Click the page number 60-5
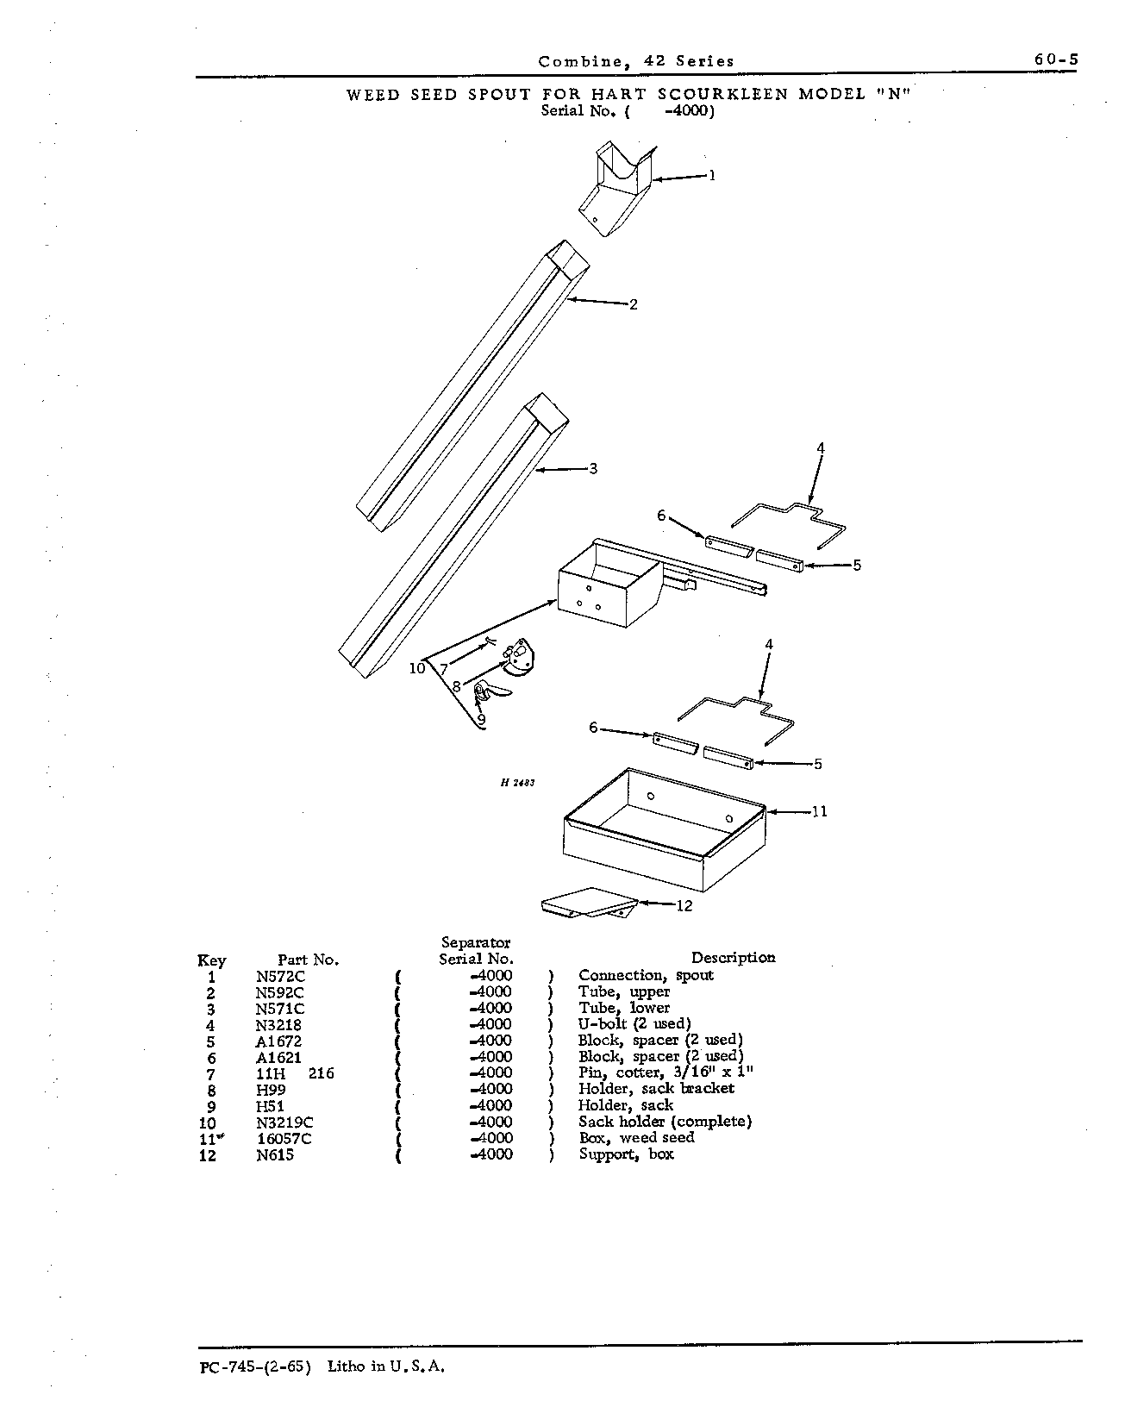1055,59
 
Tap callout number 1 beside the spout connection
712,175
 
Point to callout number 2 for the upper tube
633,304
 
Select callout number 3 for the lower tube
593,468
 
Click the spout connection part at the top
615,188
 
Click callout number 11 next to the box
819,811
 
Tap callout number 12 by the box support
684,905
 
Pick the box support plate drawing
590,903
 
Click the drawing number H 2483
517,783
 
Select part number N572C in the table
280,977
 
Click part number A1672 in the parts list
278,1041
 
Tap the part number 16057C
284,1139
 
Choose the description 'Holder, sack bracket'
656,1089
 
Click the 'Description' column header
734,958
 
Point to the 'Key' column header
212,960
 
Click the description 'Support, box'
627,1154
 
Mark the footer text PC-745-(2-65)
256,1366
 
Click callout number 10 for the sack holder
417,667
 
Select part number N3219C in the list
284,1122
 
